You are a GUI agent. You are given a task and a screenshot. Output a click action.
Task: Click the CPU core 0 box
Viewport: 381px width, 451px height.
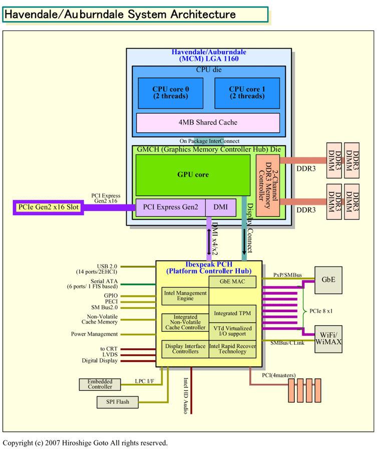pyautogui.click(x=171, y=93)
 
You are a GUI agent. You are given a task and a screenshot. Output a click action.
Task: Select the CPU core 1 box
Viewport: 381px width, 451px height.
pyautogui.click(x=247, y=93)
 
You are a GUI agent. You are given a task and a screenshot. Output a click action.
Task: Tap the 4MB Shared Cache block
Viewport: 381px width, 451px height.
pyautogui.click(x=208, y=123)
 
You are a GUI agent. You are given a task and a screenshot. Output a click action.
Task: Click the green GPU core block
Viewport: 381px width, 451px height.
pyautogui.click(x=193, y=175)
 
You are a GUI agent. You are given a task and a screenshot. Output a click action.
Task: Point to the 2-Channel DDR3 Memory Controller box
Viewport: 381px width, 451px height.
pyautogui.click(x=267, y=185)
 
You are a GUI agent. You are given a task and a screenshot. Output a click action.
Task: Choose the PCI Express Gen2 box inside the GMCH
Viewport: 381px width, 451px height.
pyautogui.click(x=170, y=207)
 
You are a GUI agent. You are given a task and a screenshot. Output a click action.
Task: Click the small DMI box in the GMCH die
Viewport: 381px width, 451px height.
pyautogui.click(x=220, y=207)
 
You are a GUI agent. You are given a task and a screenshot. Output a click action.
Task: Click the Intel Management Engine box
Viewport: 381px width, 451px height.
pyautogui.click(x=185, y=296)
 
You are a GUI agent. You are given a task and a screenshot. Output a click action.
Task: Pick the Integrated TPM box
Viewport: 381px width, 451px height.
pyautogui.click(x=232, y=314)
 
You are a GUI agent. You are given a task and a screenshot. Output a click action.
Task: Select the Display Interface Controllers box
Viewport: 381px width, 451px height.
pyautogui.click(x=185, y=349)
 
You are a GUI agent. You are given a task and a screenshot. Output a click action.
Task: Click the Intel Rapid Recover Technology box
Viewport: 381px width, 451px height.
pyautogui.click(x=232, y=349)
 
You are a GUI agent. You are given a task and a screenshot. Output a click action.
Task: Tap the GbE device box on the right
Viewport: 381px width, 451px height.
pyautogui.click(x=328, y=280)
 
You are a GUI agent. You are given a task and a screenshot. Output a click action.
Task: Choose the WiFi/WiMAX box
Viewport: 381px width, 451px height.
pyautogui.click(x=328, y=338)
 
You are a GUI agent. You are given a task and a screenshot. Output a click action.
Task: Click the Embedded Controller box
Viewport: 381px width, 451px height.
pyautogui.click(x=100, y=384)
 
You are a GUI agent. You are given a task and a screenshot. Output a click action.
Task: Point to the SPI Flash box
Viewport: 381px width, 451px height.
pyautogui.click(x=117, y=402)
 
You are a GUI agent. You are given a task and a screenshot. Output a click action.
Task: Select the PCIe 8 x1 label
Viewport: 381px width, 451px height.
pyautogui.click(x=321, y=311)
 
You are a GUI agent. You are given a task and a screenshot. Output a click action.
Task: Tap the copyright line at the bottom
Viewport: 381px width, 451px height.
pyautogui.click(x=85, y=443)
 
